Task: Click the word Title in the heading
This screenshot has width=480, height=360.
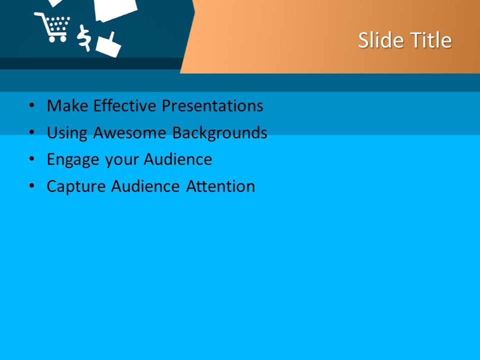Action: [431, 40]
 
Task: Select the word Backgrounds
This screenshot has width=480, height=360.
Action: [220, 133]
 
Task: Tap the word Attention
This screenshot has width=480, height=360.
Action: [220, 186]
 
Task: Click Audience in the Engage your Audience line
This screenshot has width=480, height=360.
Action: [178, 159]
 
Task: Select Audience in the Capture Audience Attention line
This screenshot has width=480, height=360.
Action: [145, 186]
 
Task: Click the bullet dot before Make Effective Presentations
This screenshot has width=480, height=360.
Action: [32, 106]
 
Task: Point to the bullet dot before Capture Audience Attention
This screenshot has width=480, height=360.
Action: [32, 186]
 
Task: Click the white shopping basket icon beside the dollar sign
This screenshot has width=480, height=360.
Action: [108, 46]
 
